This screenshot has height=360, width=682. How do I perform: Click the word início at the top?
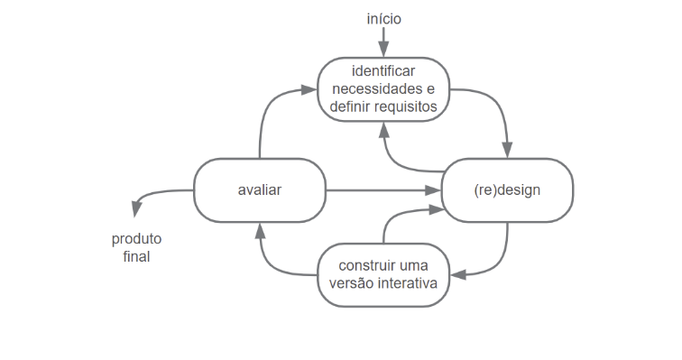coord(383,17)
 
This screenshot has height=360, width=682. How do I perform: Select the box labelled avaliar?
coord(260,190)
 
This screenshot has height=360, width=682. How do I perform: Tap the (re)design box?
coord(506,190)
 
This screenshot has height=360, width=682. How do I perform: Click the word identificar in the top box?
coord(383,71)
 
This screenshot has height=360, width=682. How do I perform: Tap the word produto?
coord(137,239)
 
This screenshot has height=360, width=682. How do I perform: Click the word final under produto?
coord(137,256)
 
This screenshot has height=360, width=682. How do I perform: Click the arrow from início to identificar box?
coord(383,41)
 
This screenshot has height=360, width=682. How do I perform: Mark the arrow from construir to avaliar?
coord(270,262)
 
